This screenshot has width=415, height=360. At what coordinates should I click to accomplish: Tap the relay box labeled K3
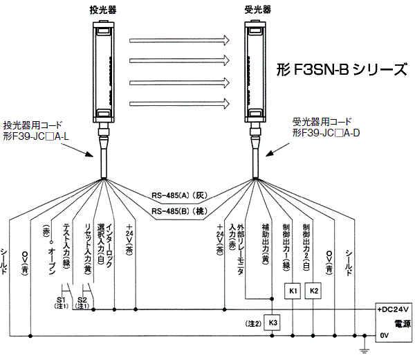[273, 323]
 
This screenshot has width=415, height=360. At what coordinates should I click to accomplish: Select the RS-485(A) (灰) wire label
[181, 194]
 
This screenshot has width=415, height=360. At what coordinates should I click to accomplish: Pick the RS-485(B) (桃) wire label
[181, 210]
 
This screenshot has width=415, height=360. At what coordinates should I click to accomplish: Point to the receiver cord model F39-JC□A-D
[325, 132]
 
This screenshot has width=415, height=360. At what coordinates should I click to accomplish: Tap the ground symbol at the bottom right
[365, 346]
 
